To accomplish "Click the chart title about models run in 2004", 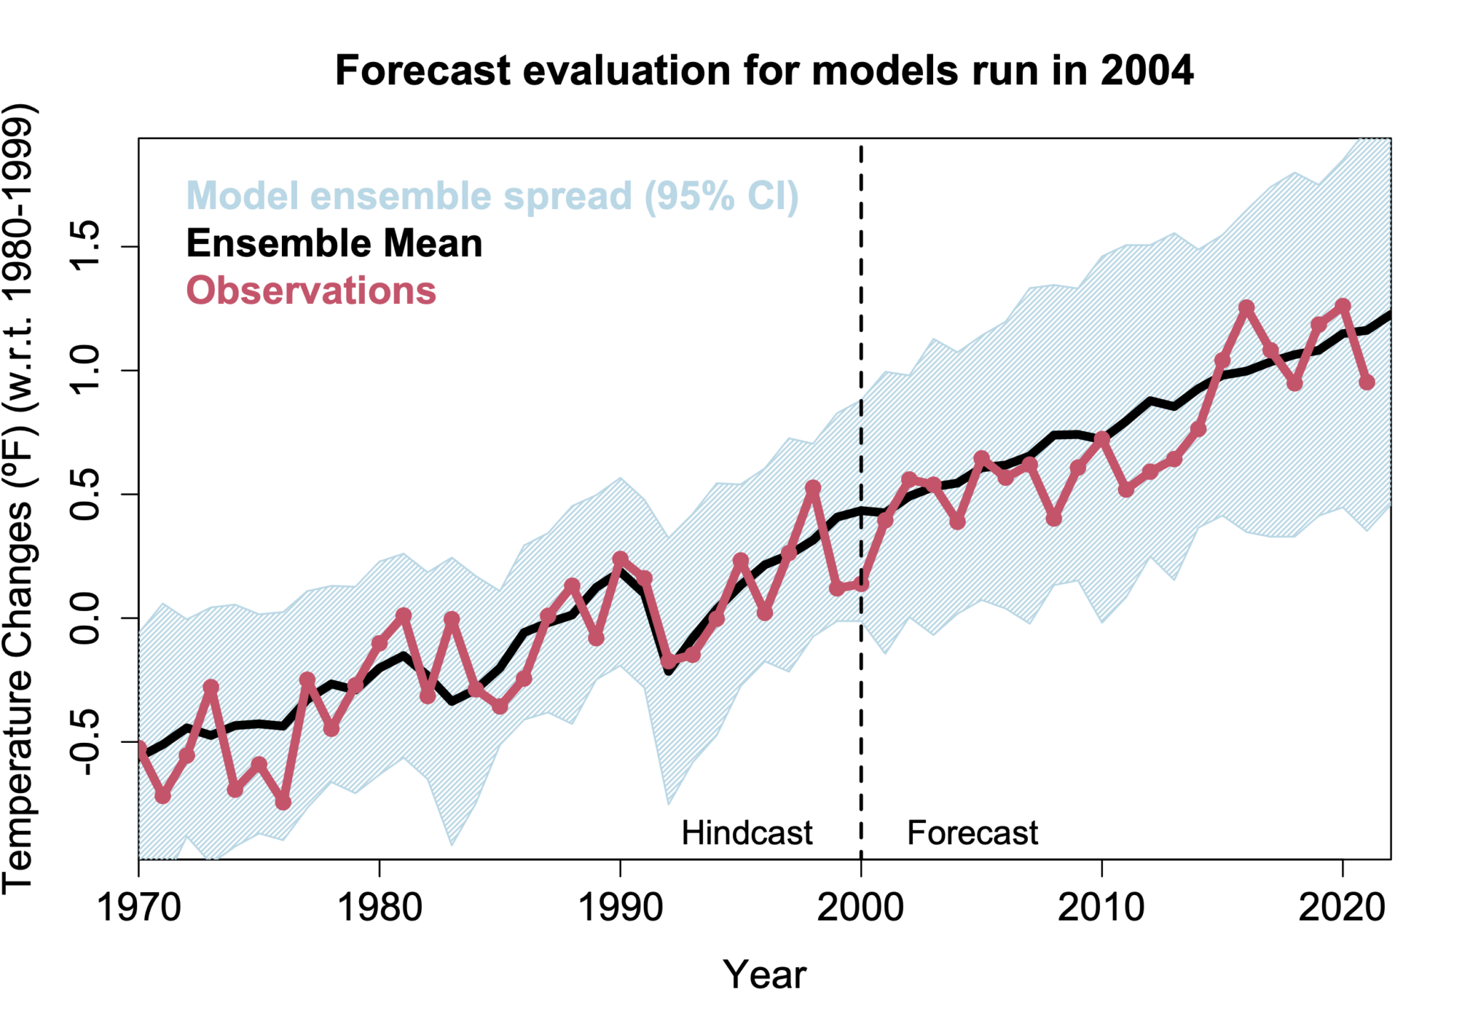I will [x=764, y=71].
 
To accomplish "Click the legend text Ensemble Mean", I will [x=334, y=244].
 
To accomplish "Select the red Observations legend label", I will [x=311, y=291].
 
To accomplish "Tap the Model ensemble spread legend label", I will [x=492, y=196].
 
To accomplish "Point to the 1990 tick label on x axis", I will [x=620, y=909].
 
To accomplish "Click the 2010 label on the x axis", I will [x=1101, y=909].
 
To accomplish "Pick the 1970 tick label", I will [x=138, y=909].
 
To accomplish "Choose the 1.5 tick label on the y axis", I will [x=85, y=247].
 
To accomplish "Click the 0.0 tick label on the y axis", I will [x=85, y=618].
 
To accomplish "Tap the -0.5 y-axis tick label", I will [x=85, y=742].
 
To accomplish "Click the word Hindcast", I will [x=747, y=833].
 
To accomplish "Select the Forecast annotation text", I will [x=972, y=833].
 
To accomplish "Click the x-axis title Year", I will [x=764, y=975].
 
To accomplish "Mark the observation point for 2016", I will [x=1246, y=308].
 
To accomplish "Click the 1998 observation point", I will [x=812, y=487].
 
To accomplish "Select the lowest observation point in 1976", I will [x=283, y=802].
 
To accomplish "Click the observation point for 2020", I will [x=1343, y=305].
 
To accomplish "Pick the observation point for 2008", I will [x=1054, y=518].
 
